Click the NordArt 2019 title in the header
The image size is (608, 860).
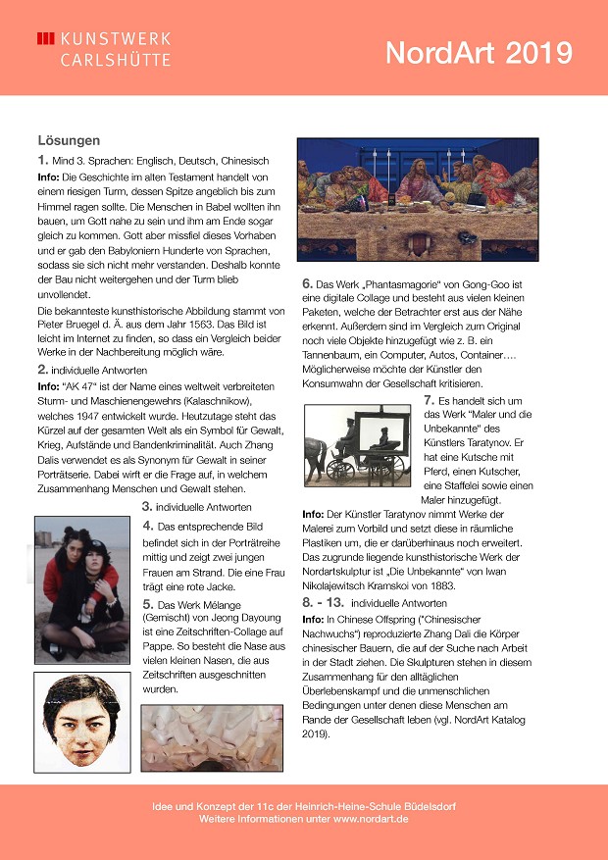pos(478,52)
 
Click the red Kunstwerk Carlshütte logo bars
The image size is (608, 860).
pos(45,38)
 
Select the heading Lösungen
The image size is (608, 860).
pos(69,140)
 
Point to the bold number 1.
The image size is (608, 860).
pos(42,159)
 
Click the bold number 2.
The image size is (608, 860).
pos(42,369)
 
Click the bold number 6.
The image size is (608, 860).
pos(306,284)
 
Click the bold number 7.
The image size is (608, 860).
pos(429,399)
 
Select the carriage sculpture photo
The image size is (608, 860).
pos(358,445)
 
